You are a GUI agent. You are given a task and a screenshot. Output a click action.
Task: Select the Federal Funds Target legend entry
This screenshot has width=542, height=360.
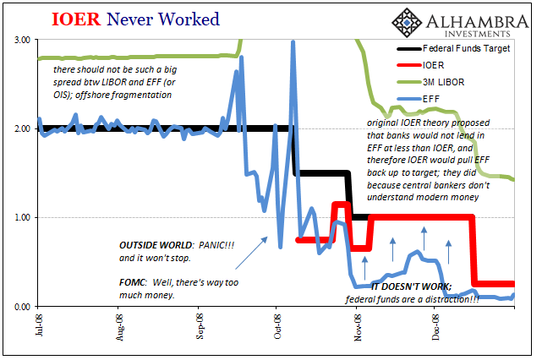coord(454,49)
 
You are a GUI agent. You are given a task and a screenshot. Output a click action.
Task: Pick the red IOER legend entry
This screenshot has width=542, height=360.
coord(430,64)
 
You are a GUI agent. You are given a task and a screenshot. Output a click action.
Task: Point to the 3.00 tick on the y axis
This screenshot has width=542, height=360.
coord(22,40)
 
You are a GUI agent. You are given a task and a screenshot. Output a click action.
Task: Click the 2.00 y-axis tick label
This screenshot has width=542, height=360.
coord(22,128)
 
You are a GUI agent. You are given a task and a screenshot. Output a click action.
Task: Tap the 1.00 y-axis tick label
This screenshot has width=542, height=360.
coord(22,217)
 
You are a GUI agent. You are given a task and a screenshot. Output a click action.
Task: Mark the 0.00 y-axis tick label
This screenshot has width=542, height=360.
coord(22,306)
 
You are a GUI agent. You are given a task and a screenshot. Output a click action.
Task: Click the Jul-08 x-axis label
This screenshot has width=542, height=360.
coord(40,325)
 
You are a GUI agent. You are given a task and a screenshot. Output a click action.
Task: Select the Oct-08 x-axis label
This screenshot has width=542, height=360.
coord(279,325)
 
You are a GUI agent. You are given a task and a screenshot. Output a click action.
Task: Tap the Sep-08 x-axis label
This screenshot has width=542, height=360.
coord(200,325)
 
